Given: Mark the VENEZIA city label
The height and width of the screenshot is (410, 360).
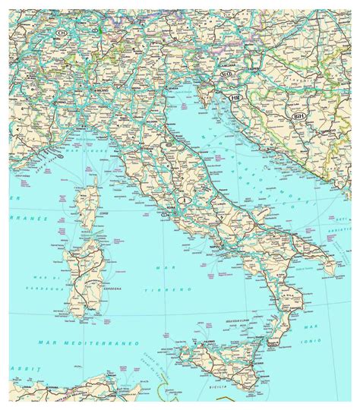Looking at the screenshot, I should tap(171, 90).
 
